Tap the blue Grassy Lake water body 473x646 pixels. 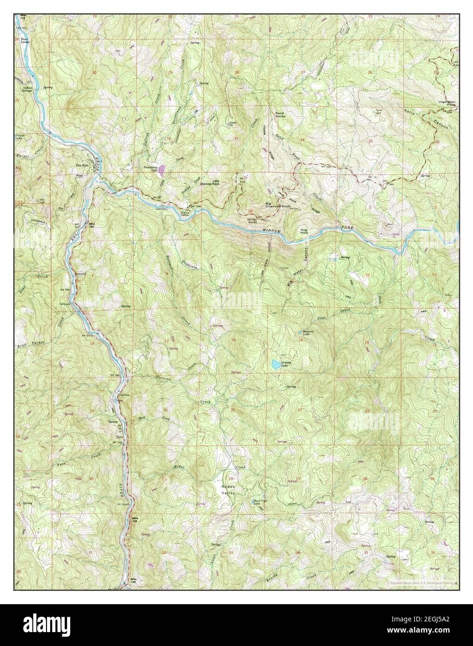276,364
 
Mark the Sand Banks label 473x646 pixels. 280,113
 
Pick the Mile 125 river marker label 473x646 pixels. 135,519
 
